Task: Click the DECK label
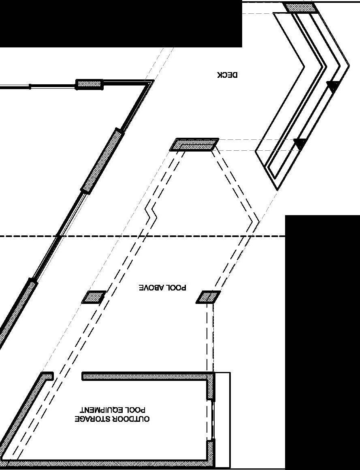click(228, 75)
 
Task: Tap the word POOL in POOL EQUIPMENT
click(134, 410)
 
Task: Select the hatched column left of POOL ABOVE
click(94, 297)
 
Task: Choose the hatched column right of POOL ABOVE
click(209, 297)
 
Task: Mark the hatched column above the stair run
click(300, 7)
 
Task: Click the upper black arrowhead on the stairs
click(333, 86)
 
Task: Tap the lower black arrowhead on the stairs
click(300, 143)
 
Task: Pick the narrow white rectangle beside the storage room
click(222, 419)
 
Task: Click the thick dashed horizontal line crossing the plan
click(162, 236)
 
